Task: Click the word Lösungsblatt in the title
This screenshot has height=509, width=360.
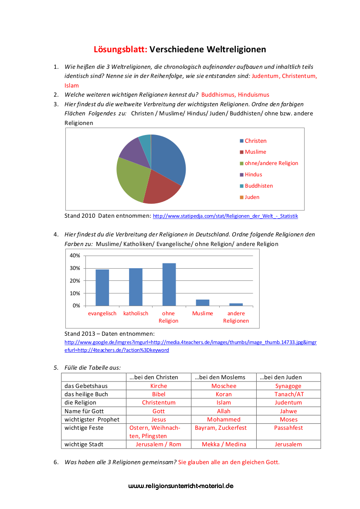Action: tap(120, 50)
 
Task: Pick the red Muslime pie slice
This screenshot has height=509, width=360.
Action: tap(160, 188)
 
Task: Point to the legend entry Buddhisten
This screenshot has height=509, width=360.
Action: tap(258, 186)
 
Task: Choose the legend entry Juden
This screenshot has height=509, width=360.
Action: tap(251, 197)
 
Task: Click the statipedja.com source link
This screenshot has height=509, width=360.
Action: tap(225, 216)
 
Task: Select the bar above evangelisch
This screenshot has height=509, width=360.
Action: tap(102, 287)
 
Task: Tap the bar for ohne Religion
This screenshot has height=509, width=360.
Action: tap(169, 284)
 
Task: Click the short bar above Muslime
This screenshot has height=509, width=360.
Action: tap(202, 303)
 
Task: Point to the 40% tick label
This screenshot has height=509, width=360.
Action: tap(75, 256)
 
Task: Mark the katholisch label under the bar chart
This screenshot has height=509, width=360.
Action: tap(136, 313)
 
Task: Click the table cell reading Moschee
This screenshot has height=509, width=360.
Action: tap(224, 386)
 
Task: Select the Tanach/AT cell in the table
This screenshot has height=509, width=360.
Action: tap(289, 394)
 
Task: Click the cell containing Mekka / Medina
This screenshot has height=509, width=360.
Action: tap(224, 445)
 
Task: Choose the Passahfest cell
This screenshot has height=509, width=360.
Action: tap(289, 428)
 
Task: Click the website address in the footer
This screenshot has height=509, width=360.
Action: tap(181, 486)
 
